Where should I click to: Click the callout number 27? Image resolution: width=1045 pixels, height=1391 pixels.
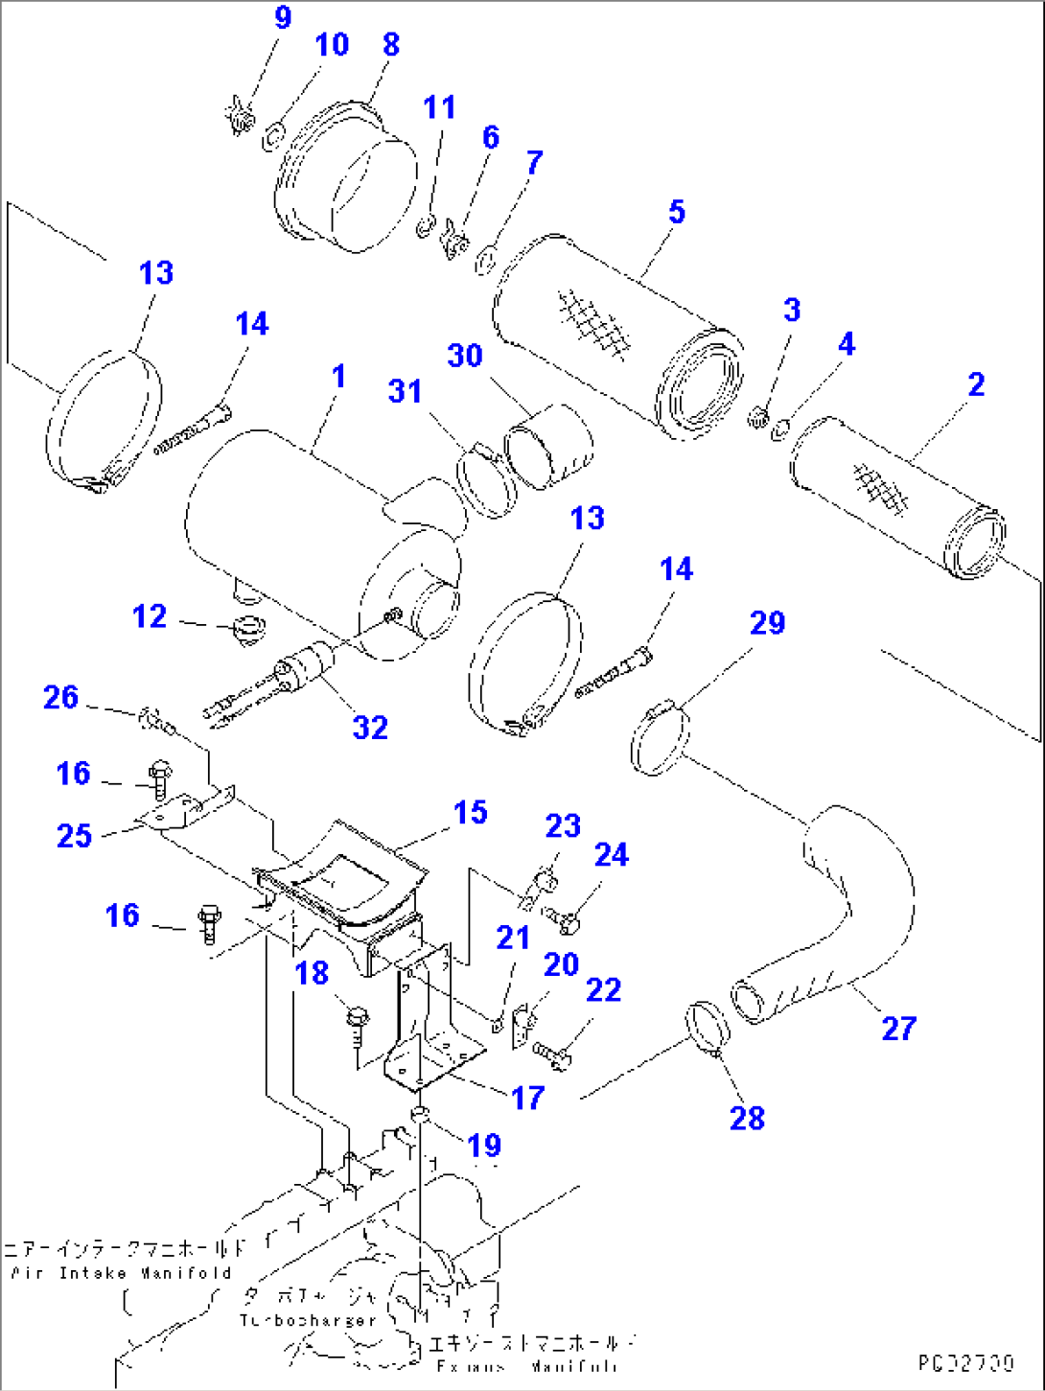click(x=898, y=1029)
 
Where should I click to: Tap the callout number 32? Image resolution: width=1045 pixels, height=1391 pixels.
click(x=370, y=728)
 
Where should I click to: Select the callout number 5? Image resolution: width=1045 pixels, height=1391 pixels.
click(x=677, y=212)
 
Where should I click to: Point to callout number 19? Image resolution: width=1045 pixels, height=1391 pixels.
click(x=484, y=1145)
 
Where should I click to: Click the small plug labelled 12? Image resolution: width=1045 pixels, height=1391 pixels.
click(x=248, y=632)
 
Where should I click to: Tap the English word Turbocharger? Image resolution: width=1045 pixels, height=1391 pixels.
click(x=308, y=1320)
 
